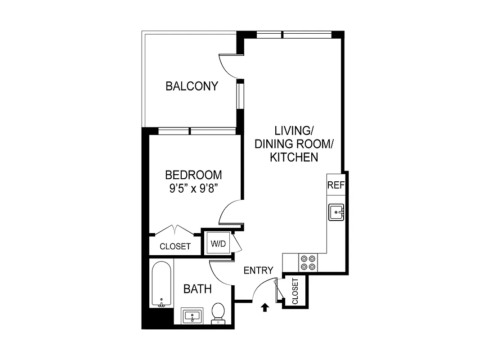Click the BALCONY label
[192, 86]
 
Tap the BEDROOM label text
[193, 175]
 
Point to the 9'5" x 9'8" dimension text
[193, 188]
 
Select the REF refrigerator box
[335, 185]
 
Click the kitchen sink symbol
[336, 211]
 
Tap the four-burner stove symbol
[308, 262]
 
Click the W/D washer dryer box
[218, 244]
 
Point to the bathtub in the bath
[161, 283]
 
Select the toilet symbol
[218, 313]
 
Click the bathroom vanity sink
[193, 316]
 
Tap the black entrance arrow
[265, 307]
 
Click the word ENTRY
[258, 270]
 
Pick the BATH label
[197, 289]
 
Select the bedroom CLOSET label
[175, 247]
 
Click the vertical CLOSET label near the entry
[295, 291]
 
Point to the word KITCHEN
[294, 157]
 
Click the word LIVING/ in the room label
[294, 131]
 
